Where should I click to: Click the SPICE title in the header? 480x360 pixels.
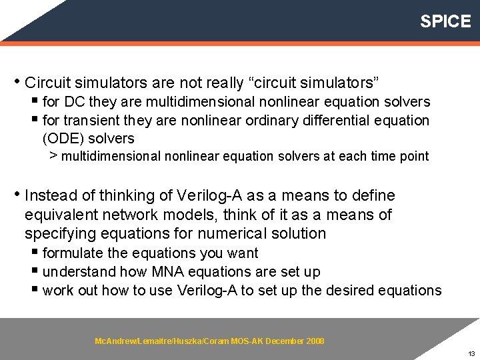(445, 21)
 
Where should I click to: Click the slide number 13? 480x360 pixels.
(471, 353)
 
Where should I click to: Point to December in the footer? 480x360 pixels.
(286, 341)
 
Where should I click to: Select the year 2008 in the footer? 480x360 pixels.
(316, 341)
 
